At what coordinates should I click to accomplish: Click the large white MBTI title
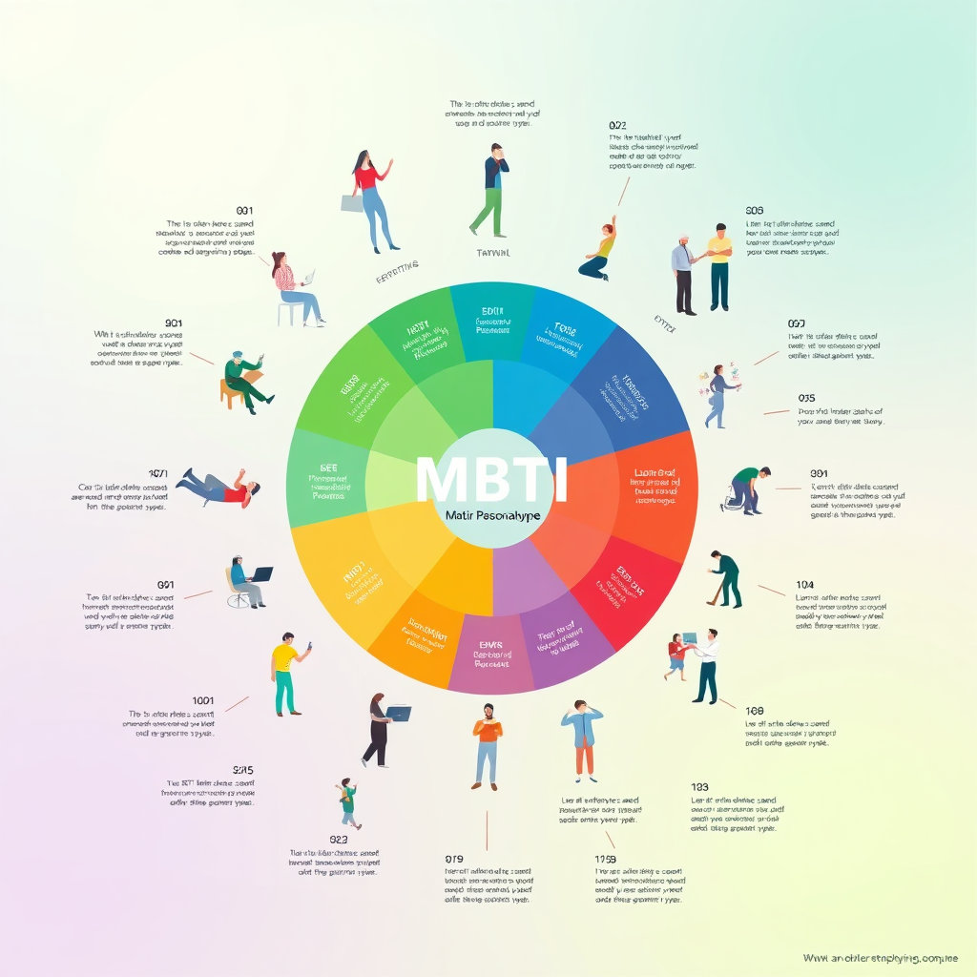pyautogui.click(x=491, y=480)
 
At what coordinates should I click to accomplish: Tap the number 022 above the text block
pyautogui.click(x=617, y=125)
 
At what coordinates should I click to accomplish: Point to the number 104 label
pyautogui.click(x=804, y=584)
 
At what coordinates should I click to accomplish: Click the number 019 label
pyautogui.click(x=454, y=859)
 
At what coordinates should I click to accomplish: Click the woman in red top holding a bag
pyautogui.click(x=371, y=198)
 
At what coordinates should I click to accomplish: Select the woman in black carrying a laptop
pyautogui.click(x=381, y=729)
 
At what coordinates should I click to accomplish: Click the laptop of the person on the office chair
pyautogui.click(x=260, y=573)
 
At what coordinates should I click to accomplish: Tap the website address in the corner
pyautogui.click(x=879, y=957)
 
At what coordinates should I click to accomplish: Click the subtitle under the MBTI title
pyautogui.click(x=492, y=515)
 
